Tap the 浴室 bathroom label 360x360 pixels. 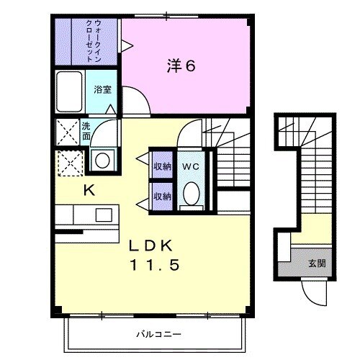pyautogui.click(x=100, y=90)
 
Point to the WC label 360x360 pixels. pyautogui.click(x=189, y=166)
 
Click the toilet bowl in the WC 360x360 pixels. pyautogui.click(x=190, y=194)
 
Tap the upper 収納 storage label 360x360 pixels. pyautogui.click(x=162, y=166)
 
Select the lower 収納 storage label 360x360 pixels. pyautogui.click(x=162, y=196)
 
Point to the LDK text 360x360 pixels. pyautogui.click(x=153, y=246)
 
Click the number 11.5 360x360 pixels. pyautogui.click(x=153, y=265)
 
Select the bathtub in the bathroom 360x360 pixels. pyautogui.click(x=71, y=92)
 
